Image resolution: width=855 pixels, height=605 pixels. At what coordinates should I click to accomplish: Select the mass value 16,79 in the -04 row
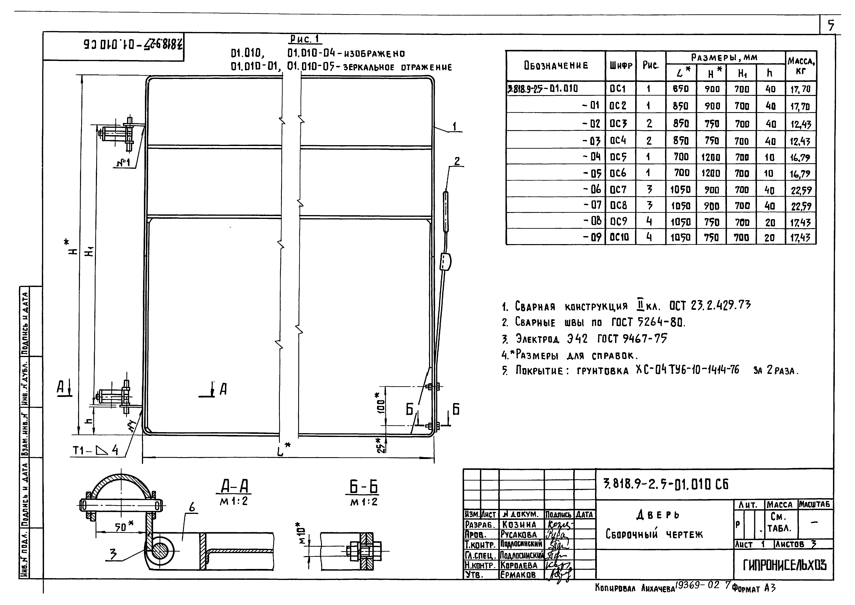tap(800, 158)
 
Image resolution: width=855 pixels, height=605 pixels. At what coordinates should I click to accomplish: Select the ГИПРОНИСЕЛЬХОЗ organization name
tap(784, 565)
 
